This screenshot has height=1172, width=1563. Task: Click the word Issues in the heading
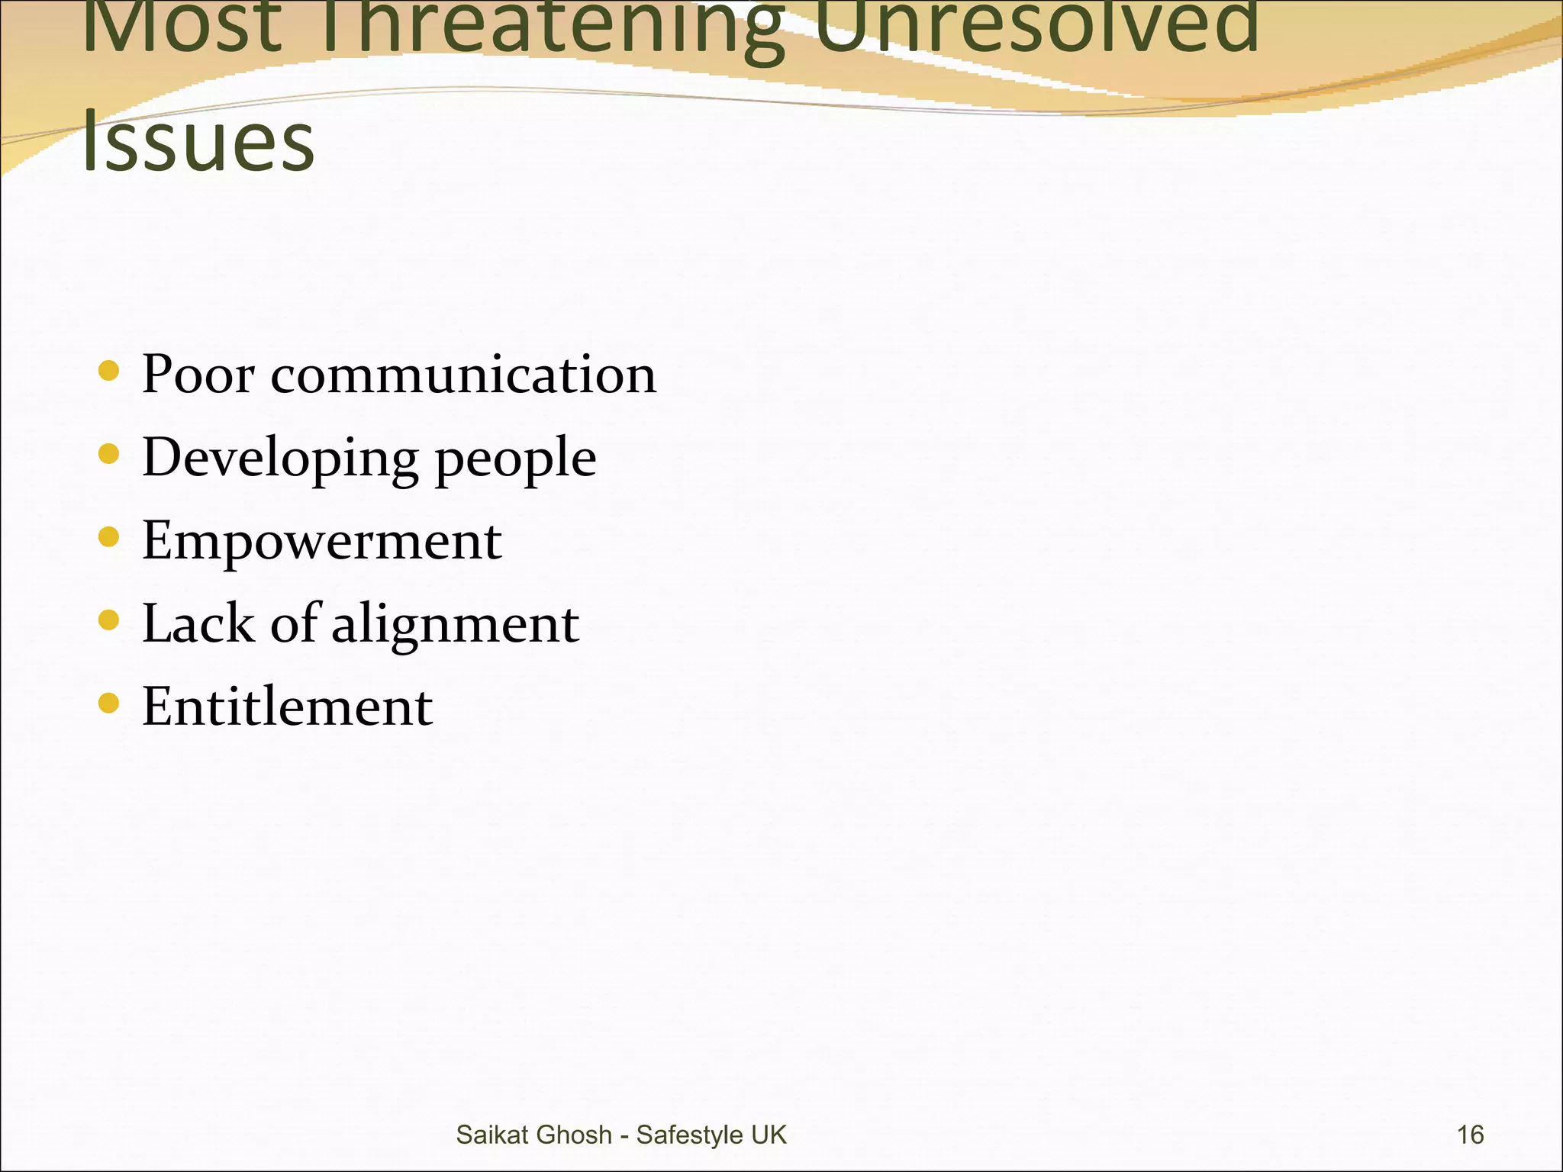point(198,142)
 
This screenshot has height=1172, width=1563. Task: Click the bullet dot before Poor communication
point(109,372)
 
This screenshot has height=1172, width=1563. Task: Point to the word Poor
point(198,375)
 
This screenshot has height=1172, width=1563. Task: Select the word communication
point(463,375)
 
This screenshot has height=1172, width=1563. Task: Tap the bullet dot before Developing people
point(109,455)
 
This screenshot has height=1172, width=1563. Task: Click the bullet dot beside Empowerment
point(109,538)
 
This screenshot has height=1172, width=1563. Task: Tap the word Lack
point(198,623)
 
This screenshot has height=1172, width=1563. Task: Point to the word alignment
point(455,626)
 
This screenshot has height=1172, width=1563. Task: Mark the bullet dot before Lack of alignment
point(109,620)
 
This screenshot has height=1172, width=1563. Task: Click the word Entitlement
point(287,707)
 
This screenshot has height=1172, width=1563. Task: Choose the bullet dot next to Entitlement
point(109,703)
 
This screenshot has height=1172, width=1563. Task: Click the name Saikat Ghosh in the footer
point(533,1135)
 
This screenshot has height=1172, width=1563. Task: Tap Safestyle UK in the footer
point(711,1135)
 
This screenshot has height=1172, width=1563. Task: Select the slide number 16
point(1470,1135)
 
